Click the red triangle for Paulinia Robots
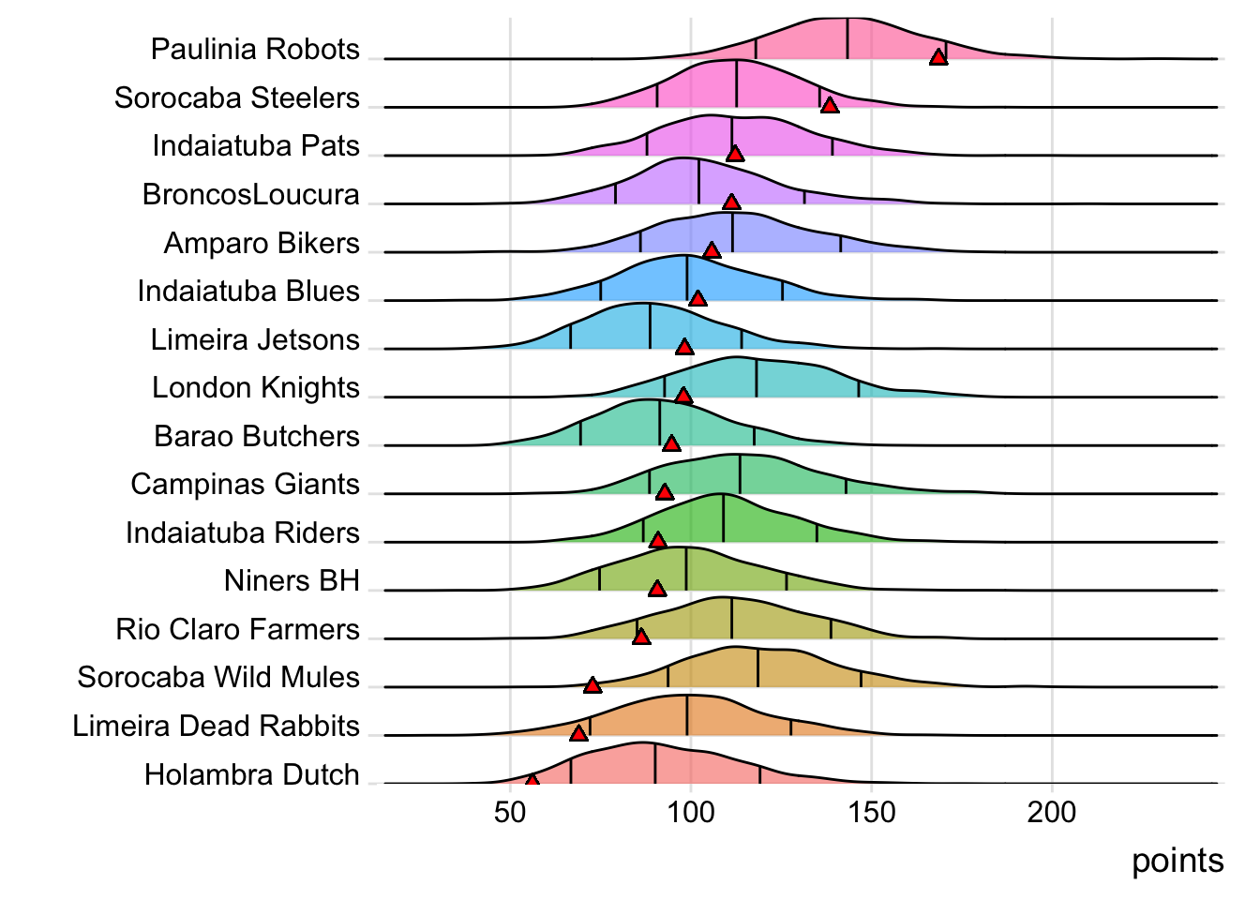(x=937, y=57)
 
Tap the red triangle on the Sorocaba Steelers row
(x=829, y=105)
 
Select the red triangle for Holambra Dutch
(x=532, y=780)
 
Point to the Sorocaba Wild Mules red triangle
(x=592, y=685)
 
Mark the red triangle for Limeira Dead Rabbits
(x=578, y=733)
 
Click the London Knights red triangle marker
(x=683, y=396)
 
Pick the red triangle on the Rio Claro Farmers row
(x=641, y=637)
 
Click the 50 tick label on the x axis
(x=510, y=812)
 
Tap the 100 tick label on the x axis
(x=691, y=812)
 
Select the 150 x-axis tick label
(x=872, y=812)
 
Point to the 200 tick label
(x=1052, y=812)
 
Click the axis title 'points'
(x=1177, y=861)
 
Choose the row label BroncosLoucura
(x=251, y=194)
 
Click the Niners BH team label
(x=292, y=580)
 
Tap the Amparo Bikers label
(x=262, y=243)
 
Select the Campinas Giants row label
(x=245, y=484)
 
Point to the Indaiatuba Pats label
(x=256, y=145)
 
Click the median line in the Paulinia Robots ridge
(x=847, y=39)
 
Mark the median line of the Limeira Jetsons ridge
(x=650, y=327)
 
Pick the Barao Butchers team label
(x=257, y=436)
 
